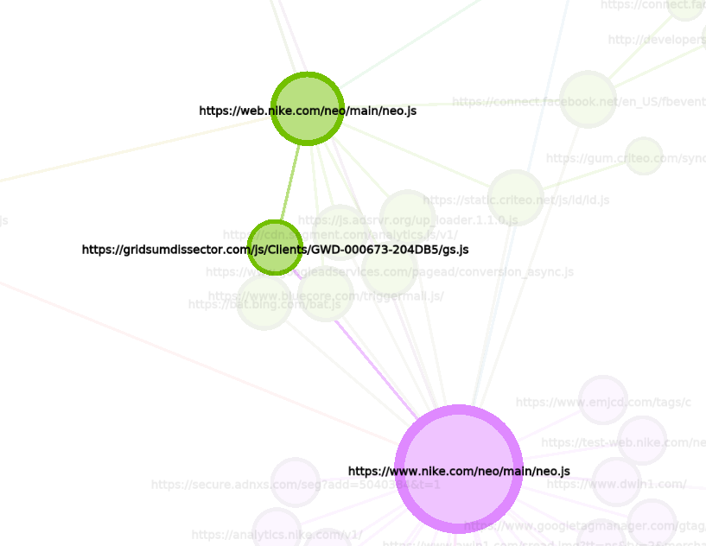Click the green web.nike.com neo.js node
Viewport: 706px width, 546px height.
tap(308, 90)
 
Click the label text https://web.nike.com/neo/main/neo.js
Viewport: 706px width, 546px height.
tap(308, 111)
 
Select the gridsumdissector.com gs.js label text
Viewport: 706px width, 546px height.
tap(275, 250)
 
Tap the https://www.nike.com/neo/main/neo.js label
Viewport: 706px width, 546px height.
tap(459, 471)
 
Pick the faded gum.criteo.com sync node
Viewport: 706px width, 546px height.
tap(644, 156)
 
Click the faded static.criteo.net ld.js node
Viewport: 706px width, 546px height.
tap(516, 198)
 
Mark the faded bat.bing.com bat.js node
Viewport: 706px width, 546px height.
tap(264, 302)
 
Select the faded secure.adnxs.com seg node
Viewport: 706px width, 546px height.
tap(296, 482)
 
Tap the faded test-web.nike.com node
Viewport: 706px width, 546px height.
tap(642, 441)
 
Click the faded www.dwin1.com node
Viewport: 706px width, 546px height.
tap(616, 482)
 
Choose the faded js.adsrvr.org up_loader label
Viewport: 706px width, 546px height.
tap(408, 220)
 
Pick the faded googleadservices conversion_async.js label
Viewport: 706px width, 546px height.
tap(389, 272)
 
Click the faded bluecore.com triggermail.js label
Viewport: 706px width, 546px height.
tap(326, 296)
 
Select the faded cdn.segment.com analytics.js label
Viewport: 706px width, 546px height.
tap(340, 235)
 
